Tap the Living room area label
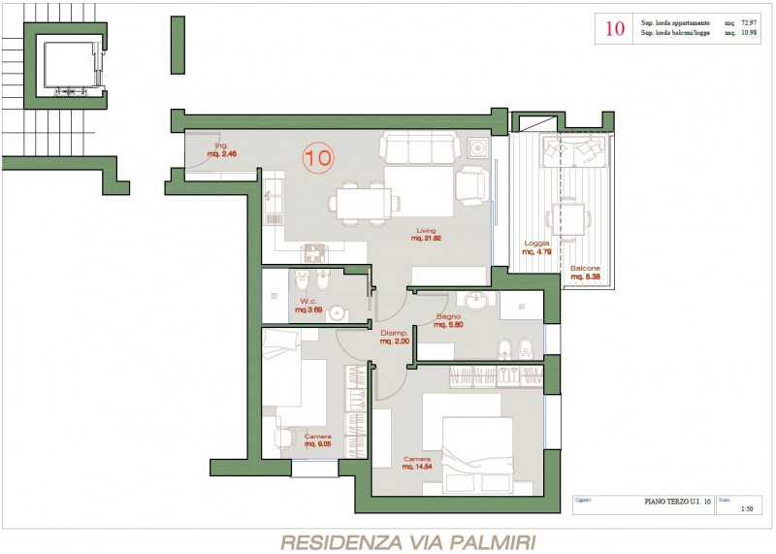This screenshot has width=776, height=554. [x=426, y=235]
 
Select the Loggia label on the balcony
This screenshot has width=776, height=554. [x=537, y=247]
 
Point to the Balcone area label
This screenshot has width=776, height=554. [x=585, y=273]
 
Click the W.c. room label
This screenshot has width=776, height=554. [x=309, y=306]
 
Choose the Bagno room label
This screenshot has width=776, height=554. [x=448, y=320]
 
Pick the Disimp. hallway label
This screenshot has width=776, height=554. [x=394, y=338]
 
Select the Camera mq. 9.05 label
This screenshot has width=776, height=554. [x=318, y=440]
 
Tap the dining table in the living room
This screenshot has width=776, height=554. [x=362, y=202]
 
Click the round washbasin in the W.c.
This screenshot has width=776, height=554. [x=337, y=312]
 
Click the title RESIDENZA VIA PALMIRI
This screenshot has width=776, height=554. [x=407, y=541]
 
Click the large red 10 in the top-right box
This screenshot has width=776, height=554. [x=615, y=28]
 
